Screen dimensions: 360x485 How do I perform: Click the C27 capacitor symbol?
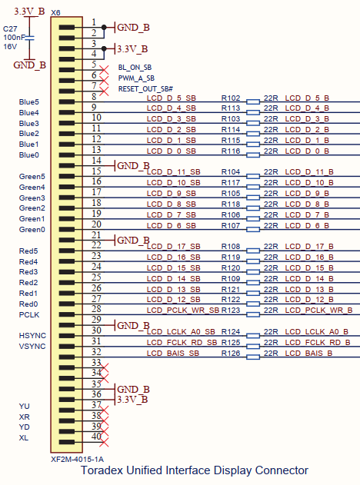[x=29, y=38]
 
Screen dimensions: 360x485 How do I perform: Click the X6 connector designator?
[x=55, y=12]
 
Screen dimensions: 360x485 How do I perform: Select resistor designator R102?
[x=231, y=98]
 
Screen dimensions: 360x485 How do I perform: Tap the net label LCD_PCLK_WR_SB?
[x=182, y=311]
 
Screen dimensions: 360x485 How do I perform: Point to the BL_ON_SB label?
[x=135, y=68]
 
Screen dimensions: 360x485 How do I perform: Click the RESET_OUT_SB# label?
[x=145, y=89]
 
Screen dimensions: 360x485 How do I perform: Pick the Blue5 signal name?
[x=28, y=102]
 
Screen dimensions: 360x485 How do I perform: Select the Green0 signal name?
[x=32, y=230]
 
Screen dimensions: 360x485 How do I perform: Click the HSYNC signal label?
[x=32, y=336]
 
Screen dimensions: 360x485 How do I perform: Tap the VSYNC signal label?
[x=32, y=347]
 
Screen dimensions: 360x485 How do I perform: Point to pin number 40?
[x=96, y=436]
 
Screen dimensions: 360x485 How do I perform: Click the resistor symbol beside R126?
[x=253, y=357]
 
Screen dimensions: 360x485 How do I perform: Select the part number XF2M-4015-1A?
[x=77, y=460]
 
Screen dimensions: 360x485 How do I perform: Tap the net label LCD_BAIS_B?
[x=308, y=354]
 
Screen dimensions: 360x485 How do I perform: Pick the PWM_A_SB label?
[x=136, y=78]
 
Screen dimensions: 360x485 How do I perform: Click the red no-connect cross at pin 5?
[x=104, y=70]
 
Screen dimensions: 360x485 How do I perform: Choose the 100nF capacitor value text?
[x=14, y=38]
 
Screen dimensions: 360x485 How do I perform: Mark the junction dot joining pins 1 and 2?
[x=104, y=27]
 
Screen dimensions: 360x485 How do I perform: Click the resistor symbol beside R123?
[x=253, y=314]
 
